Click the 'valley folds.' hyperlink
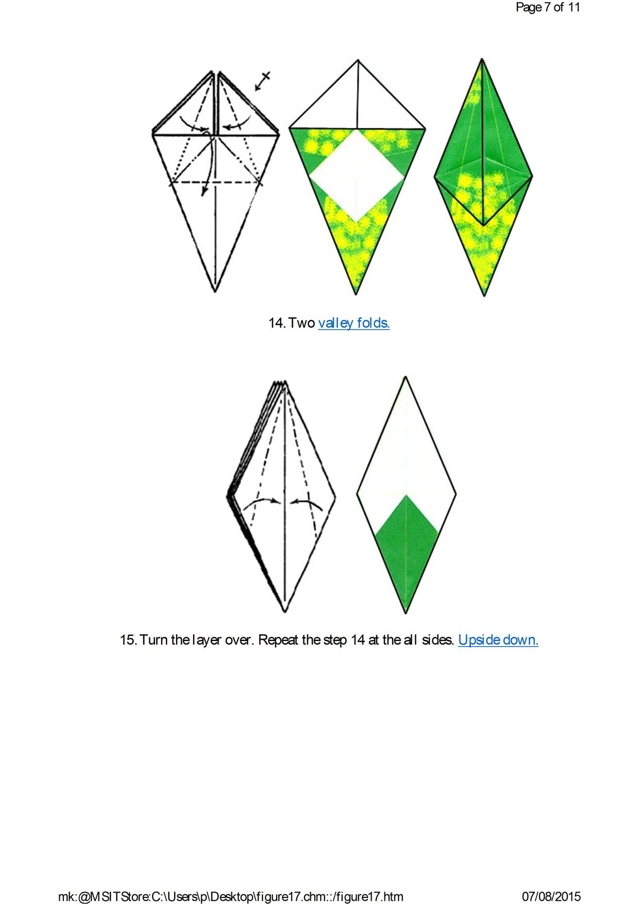point(354,323)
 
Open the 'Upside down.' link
point(498,640)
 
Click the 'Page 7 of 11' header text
point(548,7)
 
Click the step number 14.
point(277,323)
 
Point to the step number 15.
point(128,640)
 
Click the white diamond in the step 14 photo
point(357,176)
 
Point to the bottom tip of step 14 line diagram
point(215,292)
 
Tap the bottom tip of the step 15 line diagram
point(284,612)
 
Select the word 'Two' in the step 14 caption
point(301,323)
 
